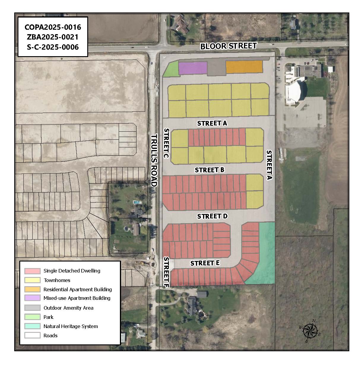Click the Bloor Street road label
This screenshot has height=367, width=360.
point(228,46)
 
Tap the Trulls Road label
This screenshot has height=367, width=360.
point(154,160)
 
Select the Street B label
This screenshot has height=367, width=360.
point(209,170)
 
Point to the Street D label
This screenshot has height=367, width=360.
point(212,216)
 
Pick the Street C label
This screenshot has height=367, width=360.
point(166,143)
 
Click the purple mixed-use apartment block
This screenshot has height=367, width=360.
point(193,68)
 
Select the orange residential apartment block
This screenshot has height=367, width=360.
point(244,67)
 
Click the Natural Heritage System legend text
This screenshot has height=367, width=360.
point(71,326)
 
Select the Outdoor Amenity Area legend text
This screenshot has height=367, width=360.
point(68,308)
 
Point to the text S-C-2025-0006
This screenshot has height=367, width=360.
point(53,47)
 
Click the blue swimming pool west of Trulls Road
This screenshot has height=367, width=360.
point(136,202)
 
